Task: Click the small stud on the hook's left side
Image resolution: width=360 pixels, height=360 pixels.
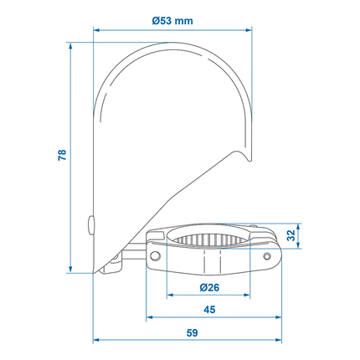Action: click(x=90, y=223)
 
